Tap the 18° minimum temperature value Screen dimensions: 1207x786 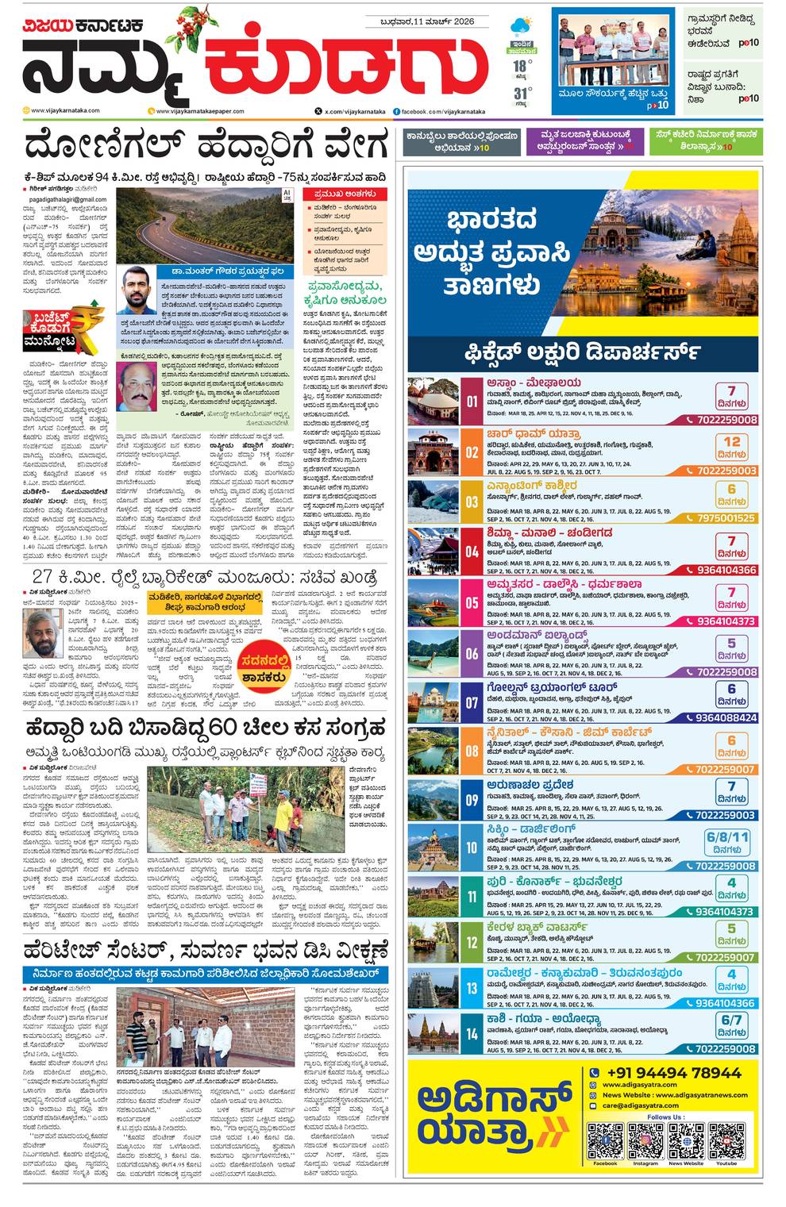(x=519, y=65)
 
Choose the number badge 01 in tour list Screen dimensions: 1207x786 (x=472, y=402)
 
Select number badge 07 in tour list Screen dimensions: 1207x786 (x=472, y=702)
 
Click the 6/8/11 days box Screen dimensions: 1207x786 (x=728, y=842)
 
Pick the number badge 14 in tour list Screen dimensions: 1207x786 (x=472, y=1033)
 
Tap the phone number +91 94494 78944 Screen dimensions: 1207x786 (x=672, y=1073)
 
